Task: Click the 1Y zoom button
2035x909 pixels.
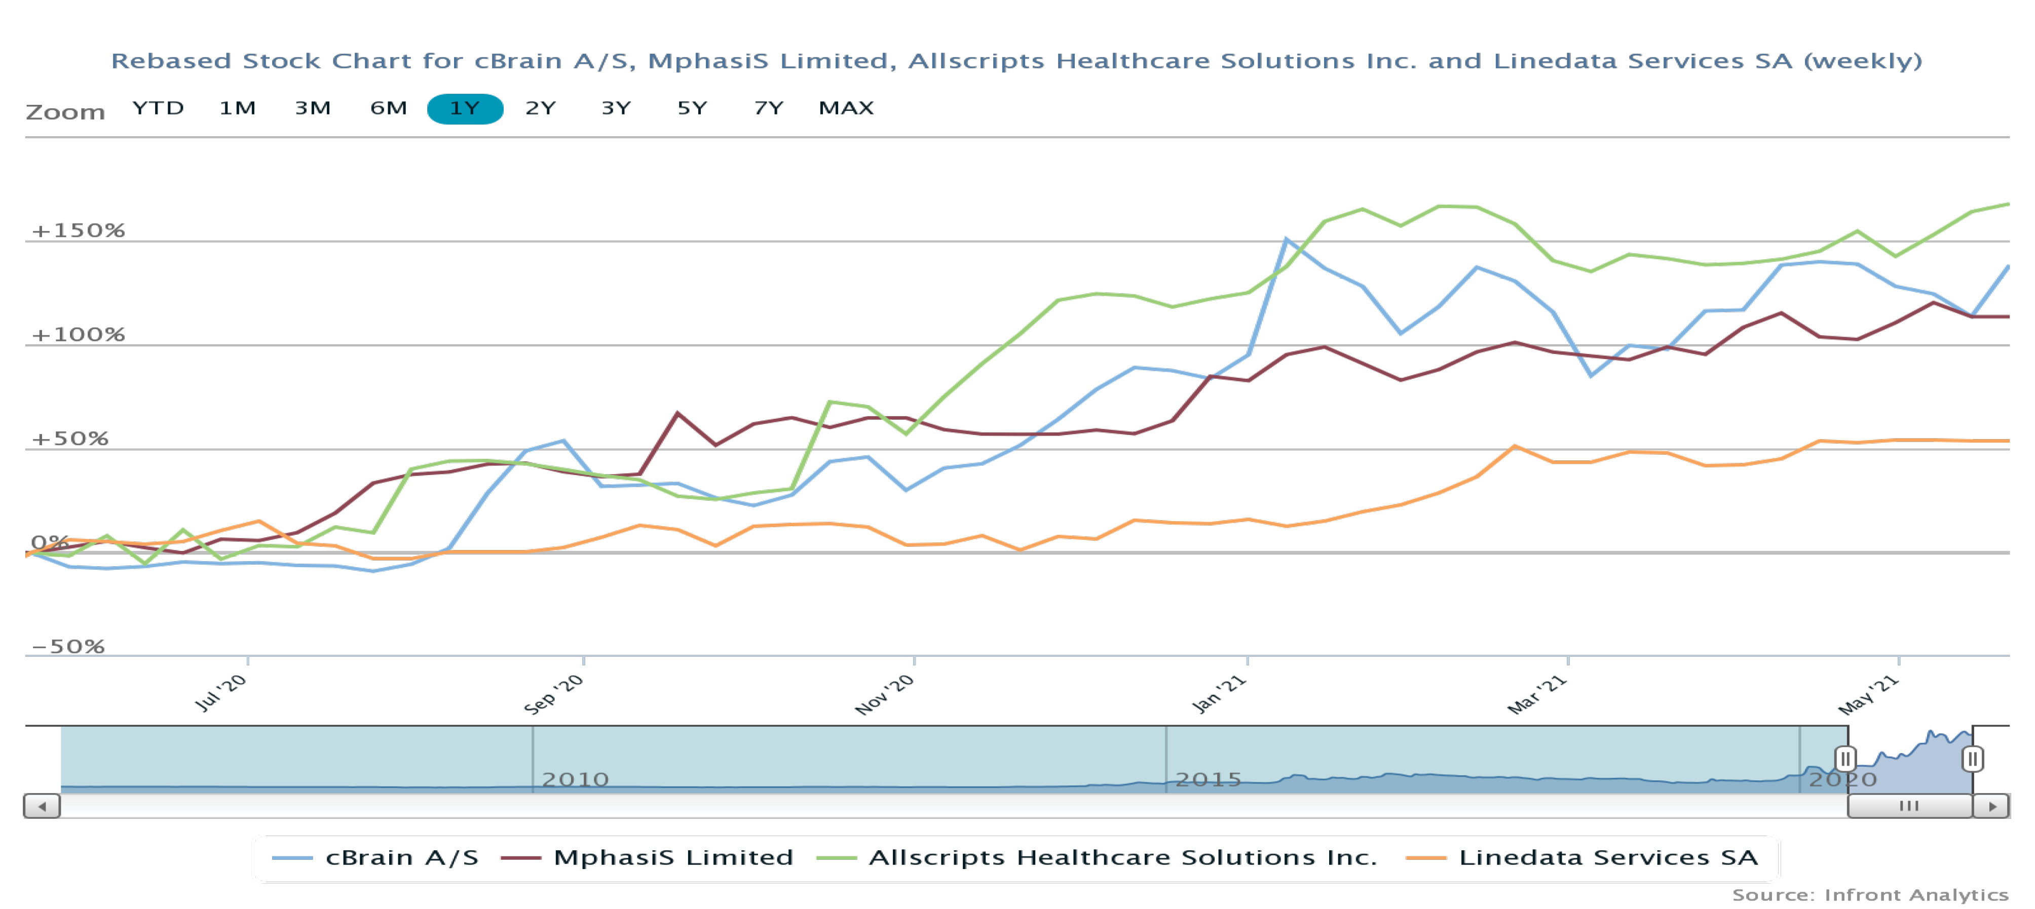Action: tap(465, 108)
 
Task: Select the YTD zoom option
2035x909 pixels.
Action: tap(158, 108)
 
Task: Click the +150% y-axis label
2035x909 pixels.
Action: tap(78, 230)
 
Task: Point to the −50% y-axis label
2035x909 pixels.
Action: tap(68, 647)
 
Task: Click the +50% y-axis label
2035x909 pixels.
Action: tap(69, 439)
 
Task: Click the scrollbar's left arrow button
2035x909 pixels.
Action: tap(42, 806)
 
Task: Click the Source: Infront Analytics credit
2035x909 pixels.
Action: tap(1870, 895)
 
